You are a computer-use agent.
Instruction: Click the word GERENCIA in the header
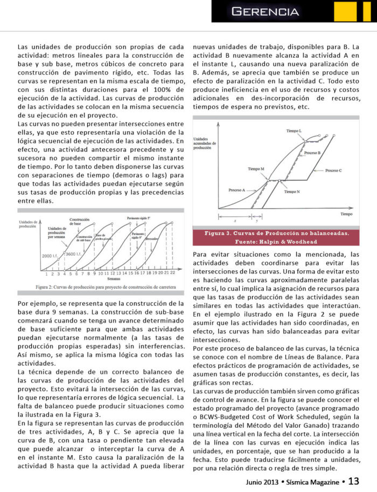click(x=265, y=11)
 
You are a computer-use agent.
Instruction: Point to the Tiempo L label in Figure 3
click(x=294, y=132)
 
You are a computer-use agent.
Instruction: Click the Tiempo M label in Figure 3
click(x=256, y=169)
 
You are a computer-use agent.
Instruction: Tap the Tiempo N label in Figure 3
click(x=292, y=192)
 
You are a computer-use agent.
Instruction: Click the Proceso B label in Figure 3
click(x=312, y=153)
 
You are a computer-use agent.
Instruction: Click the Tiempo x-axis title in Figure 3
click(x=346, y=214)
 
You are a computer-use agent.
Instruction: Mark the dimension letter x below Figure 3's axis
click(x=235, y=221)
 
